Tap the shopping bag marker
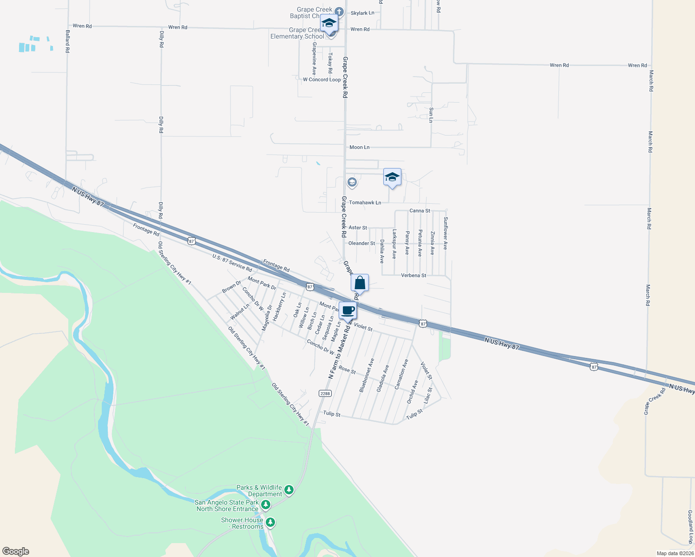[x=360, y=283]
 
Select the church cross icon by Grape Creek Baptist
[x=339, y=12]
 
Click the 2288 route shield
[x=325, y=394]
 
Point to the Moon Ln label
[x=360, y=147]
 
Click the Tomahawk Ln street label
[x=365, y=202]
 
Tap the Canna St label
[x=420, y=211]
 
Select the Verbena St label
[x=413, y=275]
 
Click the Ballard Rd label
[x=67, y=41]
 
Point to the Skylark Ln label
[x=362, y=13]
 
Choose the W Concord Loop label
[x=322, y=79]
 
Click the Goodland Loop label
[x=690, y=527]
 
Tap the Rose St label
[x=347, y=369]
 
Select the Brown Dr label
[x=231, y=287]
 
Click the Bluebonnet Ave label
[x=367, y=375]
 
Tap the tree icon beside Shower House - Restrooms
[x=270, y=523]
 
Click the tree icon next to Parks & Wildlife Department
[x=289, y=490]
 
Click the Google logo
[x=15, y=551]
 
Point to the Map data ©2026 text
[x=675, y=553]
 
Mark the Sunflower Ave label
[x=445, y=233]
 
